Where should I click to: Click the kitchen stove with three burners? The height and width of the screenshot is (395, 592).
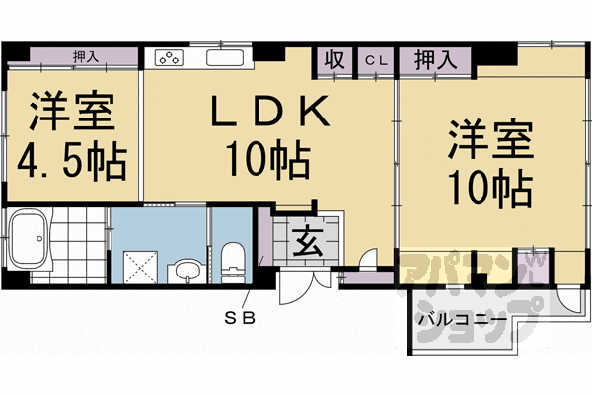click(167, 58)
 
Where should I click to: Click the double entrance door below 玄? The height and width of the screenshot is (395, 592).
click(299, 288)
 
